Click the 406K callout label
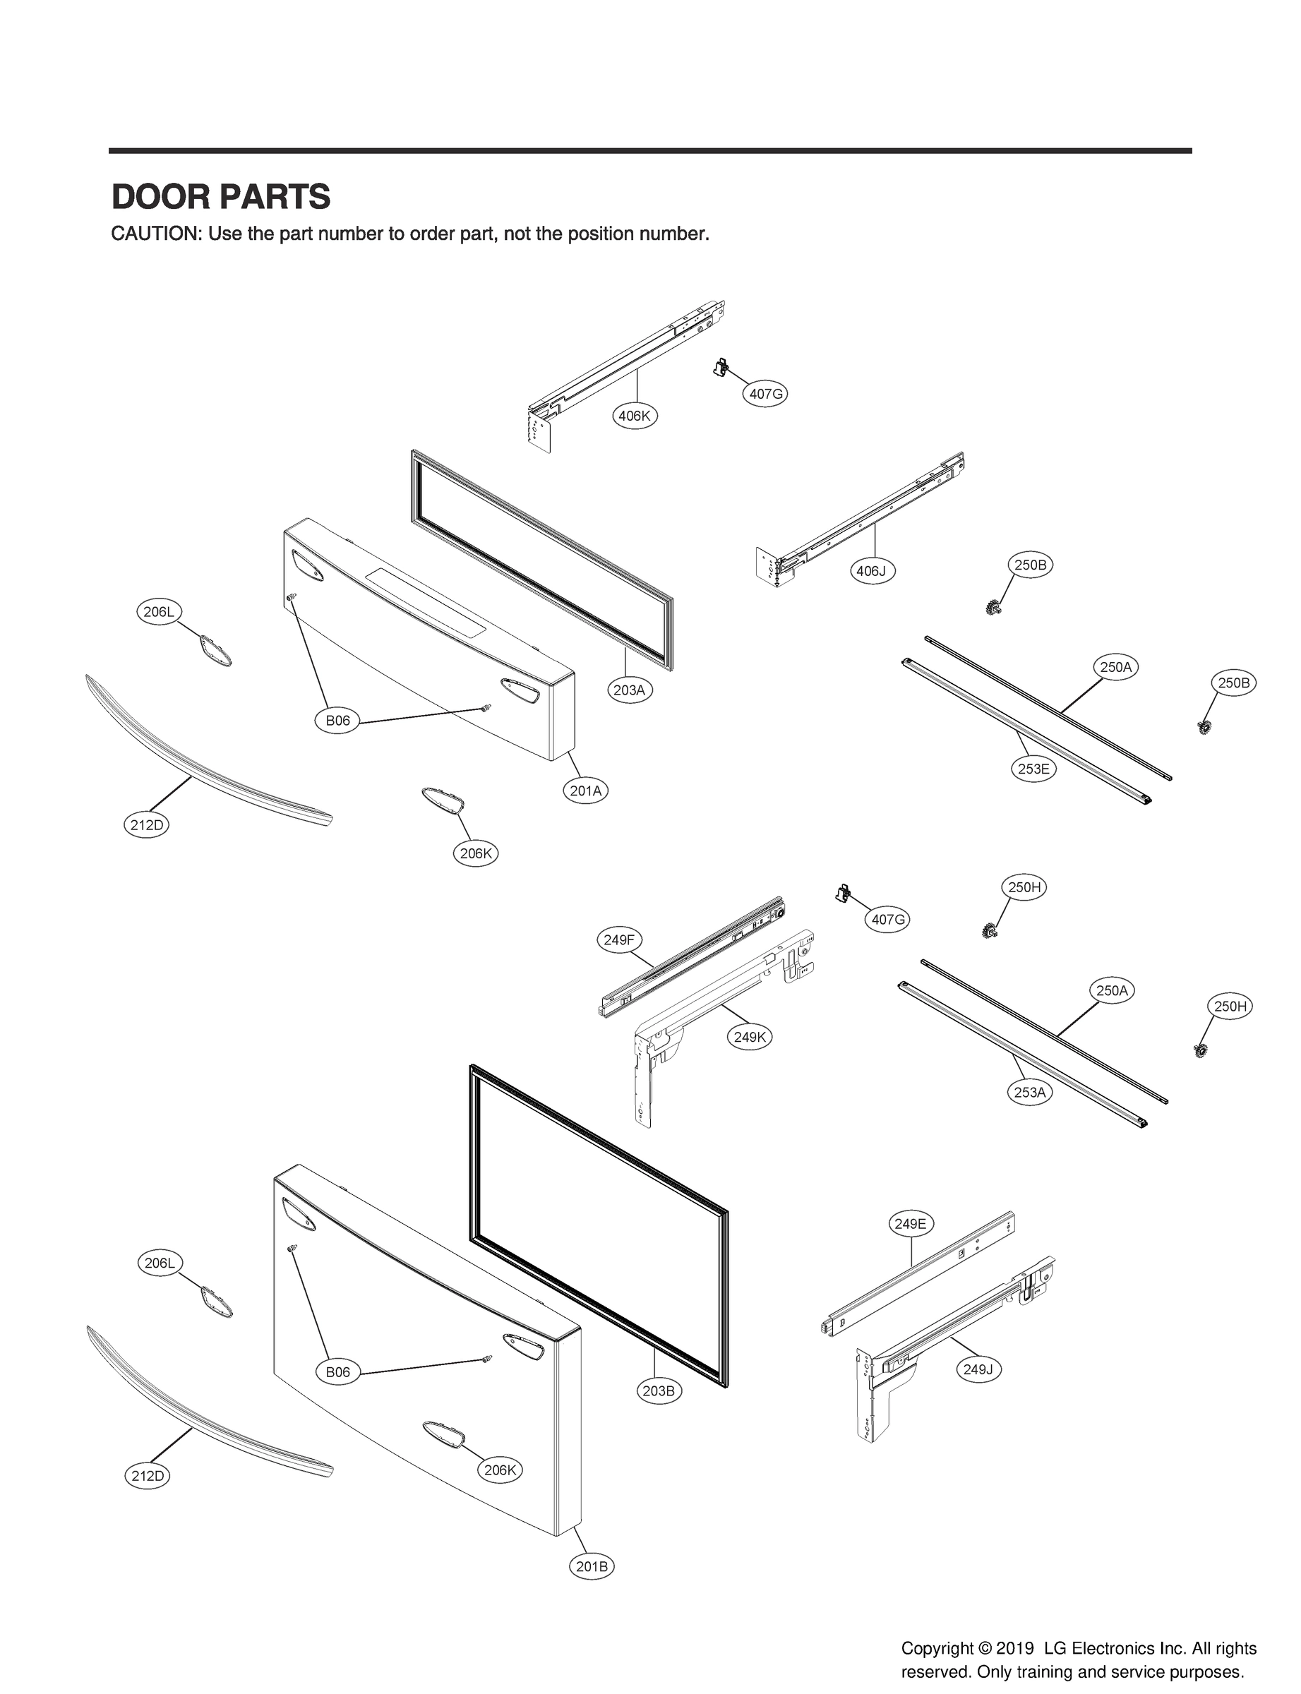(634, 416)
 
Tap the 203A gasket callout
(629, 689)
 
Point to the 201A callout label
(585, 791)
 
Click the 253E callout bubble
(1033, 769)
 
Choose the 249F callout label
(619, 940)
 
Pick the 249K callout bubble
(750, 1037)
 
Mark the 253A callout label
(1030, 1093)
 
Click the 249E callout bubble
(910, 1223)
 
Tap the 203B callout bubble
(658, 1390)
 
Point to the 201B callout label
(592, 1566)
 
